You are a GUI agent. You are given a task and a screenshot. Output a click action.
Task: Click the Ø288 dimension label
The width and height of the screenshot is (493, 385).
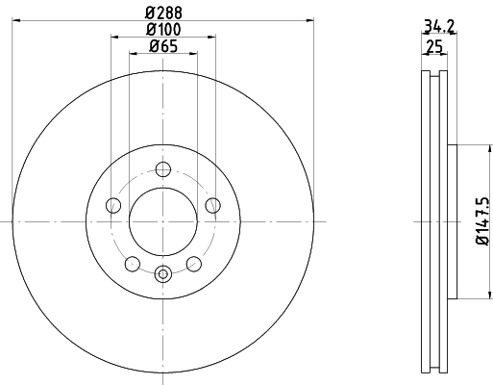coord(163,13)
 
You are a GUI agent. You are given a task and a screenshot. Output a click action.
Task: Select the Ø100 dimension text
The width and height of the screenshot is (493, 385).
coord(163,30)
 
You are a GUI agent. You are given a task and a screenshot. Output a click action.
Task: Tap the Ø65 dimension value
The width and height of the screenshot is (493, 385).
coord(163,46)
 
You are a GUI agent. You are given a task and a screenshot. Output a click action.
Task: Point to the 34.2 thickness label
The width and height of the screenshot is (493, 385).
coord(439,26)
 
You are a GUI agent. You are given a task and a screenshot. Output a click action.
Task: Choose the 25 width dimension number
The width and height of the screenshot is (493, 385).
coord(434,47)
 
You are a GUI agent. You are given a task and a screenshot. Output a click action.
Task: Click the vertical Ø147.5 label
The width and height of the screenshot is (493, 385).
coord(482,221)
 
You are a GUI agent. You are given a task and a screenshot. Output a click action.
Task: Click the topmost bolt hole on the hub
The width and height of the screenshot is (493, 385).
coord(163,169)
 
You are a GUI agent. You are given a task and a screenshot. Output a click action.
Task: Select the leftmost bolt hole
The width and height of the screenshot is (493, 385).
coord(113,205)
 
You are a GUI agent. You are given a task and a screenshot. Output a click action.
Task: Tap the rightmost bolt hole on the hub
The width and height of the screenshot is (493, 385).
coord(213,205)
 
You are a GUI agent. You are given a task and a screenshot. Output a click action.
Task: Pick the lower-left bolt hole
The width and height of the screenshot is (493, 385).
coord(133,264)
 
